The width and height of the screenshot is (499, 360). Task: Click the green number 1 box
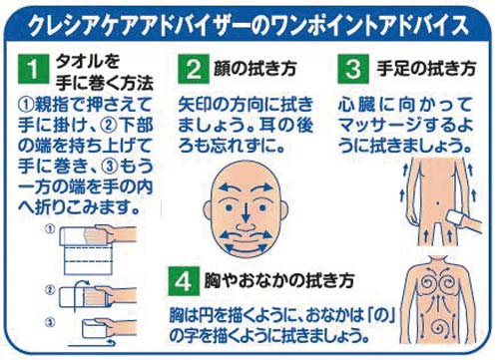[33, 69]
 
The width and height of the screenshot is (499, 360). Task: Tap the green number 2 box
[194, 69]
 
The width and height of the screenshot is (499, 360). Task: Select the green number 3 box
[353, 69]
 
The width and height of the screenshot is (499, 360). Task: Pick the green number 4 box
[184, 281]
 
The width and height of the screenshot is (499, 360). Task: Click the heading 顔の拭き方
[255, 69]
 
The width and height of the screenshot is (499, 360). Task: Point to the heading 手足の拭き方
[426, 69]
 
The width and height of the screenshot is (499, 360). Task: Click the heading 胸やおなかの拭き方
[278, 281]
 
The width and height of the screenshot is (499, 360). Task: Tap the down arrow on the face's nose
[246, 211]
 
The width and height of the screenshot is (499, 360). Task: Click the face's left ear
[208, 210]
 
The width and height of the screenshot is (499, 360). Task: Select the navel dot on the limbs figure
[438, 202]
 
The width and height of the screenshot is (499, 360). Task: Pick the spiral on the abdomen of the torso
[438, 328]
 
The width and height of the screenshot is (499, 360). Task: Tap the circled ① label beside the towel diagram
[50, 229]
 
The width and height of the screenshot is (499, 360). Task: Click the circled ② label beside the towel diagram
[50, 290]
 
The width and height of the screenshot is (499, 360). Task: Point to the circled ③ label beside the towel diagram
[50, 323]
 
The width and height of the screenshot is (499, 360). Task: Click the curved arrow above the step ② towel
[80, 282]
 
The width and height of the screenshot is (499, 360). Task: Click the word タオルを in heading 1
[88, 61]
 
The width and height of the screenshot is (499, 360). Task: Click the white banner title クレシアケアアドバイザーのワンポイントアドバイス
[249, 25]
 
